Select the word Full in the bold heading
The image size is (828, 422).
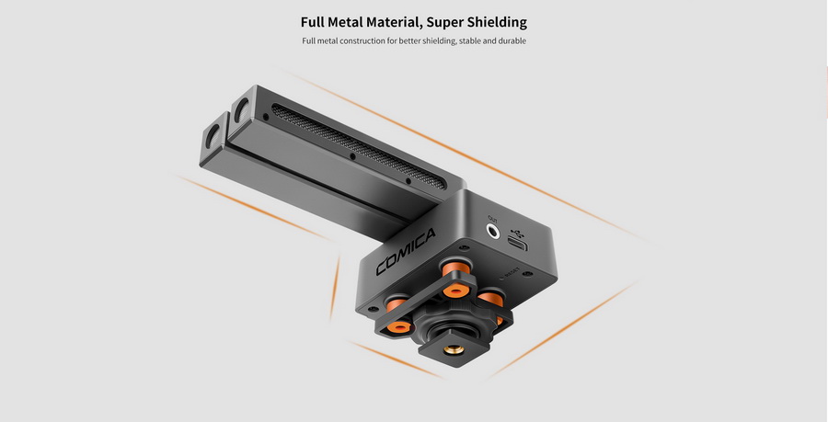pyautogui.click(x=316, y=21)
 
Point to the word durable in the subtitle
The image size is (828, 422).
pyautogui.click(x=511, y=41)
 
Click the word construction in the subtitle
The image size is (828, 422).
pyautogui.click(x=361, y=41)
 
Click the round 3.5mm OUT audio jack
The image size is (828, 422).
pyautogui.click(x=493, y=234)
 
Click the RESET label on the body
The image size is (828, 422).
pyautogui.click(x=509, y=271)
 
